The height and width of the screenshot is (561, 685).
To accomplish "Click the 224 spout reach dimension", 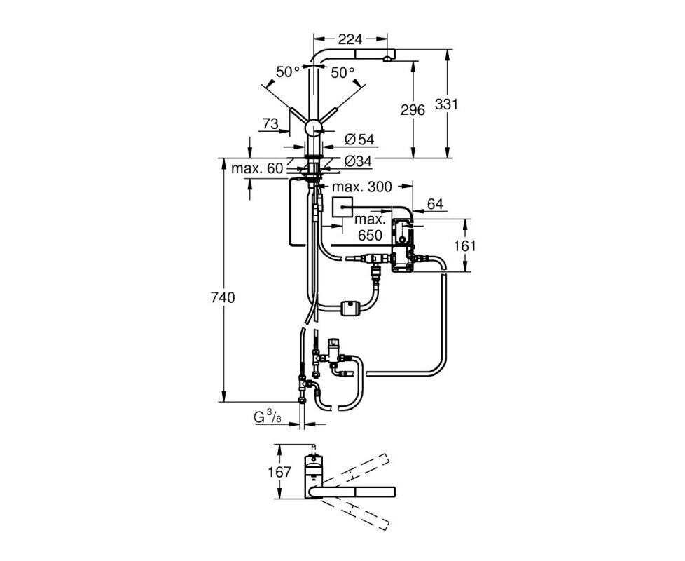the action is (351, 39).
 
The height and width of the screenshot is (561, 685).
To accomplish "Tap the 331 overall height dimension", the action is (446, 104).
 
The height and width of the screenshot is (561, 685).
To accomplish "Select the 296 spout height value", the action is (413, 110).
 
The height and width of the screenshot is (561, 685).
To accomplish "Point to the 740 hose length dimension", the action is (223, 298).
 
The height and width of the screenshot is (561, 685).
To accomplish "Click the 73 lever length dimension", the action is (270, 124).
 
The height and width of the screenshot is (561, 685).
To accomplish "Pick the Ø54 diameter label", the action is (359, 140).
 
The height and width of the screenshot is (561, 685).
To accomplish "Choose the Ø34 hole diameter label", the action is (358, 161).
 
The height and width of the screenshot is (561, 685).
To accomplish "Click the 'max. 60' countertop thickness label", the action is (257, 168).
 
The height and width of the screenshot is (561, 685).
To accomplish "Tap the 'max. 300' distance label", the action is (362, 187).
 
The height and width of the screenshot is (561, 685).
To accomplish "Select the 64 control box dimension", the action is (435, 204).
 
